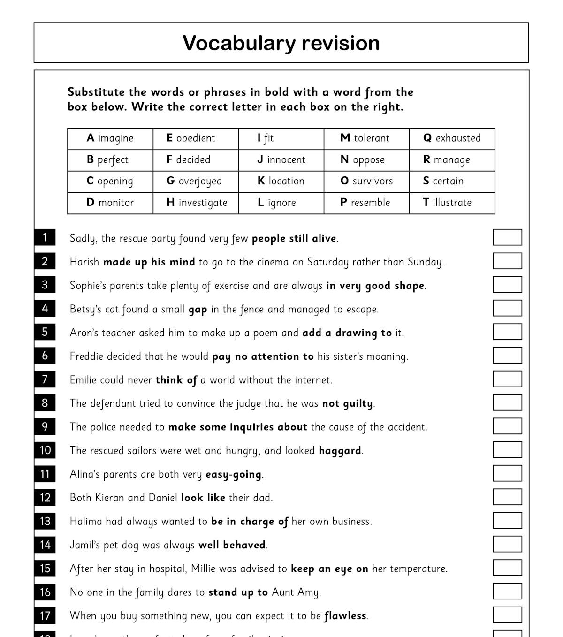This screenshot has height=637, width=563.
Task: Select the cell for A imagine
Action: tap(110, 138)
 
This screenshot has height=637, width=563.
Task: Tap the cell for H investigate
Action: tap(196, 203)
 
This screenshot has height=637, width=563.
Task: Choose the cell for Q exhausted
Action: tap(452, 138)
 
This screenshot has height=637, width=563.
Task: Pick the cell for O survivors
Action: tap(366, 181)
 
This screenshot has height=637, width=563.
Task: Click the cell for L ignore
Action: tap(281, 203)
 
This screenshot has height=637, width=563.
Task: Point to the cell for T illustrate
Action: tap(452, 203)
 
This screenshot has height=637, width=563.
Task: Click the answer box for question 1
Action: tap(507, 237)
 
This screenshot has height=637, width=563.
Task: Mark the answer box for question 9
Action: tap(507, 426)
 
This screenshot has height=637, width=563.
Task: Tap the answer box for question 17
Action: tap(507, 615)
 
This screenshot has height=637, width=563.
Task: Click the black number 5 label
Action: tap(45, 332)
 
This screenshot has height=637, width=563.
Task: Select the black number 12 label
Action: tap(45, 497)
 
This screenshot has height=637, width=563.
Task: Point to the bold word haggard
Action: tap(340, 451)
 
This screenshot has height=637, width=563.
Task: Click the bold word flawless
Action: tap(345, 615)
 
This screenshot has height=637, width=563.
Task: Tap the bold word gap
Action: tap(198, 310)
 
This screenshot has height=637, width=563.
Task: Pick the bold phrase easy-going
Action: tap(233, 475)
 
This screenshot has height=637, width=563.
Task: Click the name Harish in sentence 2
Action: tap(84, 262)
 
